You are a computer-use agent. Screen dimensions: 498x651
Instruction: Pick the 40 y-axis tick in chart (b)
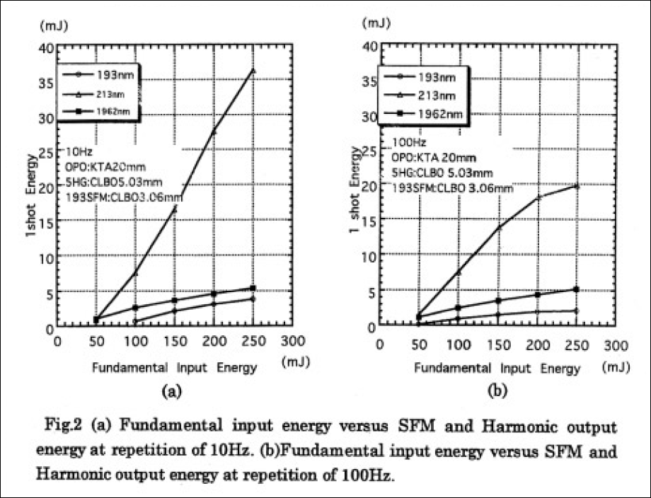click(368, 47)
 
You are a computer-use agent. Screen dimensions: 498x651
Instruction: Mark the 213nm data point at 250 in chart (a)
click(253, 71)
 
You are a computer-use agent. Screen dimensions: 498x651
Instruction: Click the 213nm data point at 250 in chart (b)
click(577, 186)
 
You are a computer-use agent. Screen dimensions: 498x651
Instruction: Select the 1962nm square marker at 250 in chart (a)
click(253, 288)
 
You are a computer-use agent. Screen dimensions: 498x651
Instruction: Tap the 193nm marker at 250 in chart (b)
click(577, 311)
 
